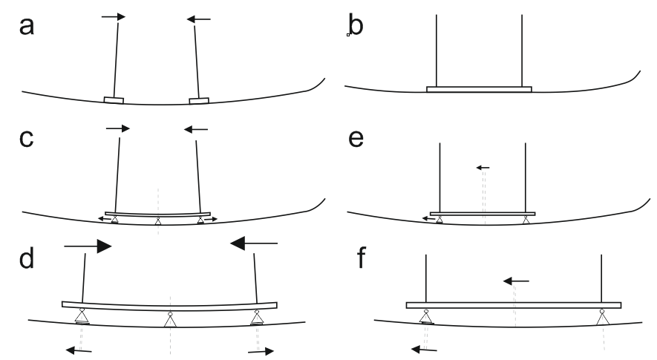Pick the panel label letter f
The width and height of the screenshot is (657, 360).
point(356,262)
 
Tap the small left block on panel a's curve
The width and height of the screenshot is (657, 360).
point(114,99)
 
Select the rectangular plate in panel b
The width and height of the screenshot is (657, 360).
point(479,89)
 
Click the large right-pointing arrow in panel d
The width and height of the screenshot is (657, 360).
point(88,245)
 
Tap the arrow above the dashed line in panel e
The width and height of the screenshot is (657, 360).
point(483,168)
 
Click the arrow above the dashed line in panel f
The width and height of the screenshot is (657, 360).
point(516,281)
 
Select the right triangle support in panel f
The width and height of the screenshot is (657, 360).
point(602,317)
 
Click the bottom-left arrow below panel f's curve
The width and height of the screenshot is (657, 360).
point(424,347)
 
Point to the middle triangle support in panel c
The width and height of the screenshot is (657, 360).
point(157,220)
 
